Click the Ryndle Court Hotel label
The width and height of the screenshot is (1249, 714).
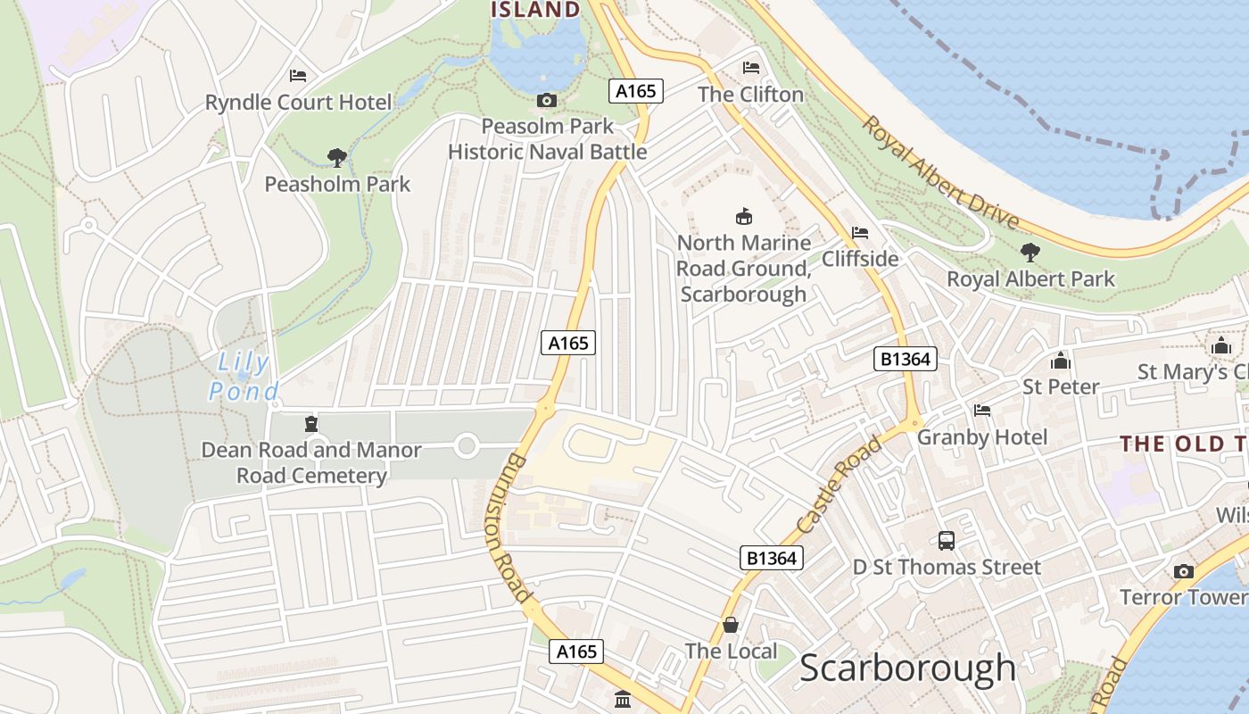[298, 103]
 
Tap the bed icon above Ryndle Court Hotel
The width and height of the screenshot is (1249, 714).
[298, 76]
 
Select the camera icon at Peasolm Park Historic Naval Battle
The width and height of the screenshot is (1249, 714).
[547, 101]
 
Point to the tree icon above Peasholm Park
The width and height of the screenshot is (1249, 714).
[336, 158]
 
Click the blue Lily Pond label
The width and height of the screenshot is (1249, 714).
[244, 377]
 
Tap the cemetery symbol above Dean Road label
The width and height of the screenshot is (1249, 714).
[310, 423]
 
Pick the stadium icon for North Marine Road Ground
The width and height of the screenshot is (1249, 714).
[743, 216]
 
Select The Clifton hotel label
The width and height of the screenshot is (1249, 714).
[750, 95]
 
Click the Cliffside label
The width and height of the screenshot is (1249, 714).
[860, 259]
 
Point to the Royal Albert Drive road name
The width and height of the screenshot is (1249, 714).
[940, 170]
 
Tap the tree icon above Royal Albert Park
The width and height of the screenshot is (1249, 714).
[1030, 253]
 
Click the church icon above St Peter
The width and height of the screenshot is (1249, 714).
[1061, 361]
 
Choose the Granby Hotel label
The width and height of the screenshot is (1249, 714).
[982, 437]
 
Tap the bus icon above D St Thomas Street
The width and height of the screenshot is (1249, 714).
[947, 540]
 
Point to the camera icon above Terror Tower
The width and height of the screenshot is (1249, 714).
[1184, 571]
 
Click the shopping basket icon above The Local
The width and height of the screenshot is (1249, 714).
[731, 625]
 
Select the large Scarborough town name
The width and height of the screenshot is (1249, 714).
[907, 668]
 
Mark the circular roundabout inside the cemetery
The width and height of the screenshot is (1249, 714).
[467, 444]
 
